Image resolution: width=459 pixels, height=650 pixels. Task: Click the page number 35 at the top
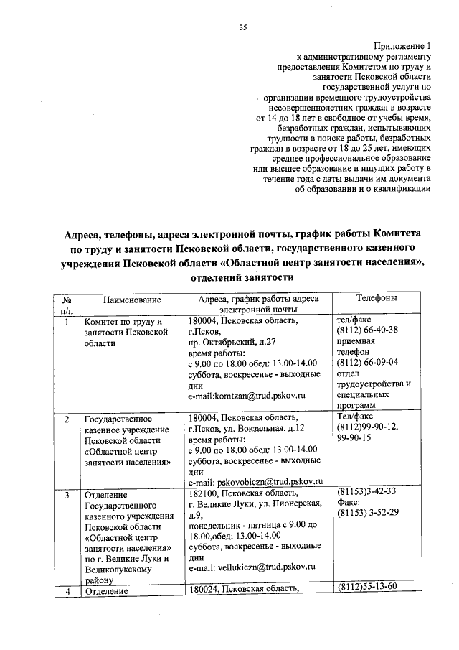(242, 28)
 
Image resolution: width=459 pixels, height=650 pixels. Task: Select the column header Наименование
(131, 300)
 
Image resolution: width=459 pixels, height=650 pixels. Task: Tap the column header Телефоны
(379, 298)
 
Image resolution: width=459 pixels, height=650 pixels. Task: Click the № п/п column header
(67, 305)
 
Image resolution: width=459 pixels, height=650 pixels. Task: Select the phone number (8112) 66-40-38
(366, 330)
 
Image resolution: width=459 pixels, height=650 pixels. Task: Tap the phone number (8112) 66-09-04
(366, 363)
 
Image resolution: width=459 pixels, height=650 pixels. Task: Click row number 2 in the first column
(67, 418)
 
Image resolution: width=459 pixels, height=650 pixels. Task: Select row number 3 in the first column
(67, 495)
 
